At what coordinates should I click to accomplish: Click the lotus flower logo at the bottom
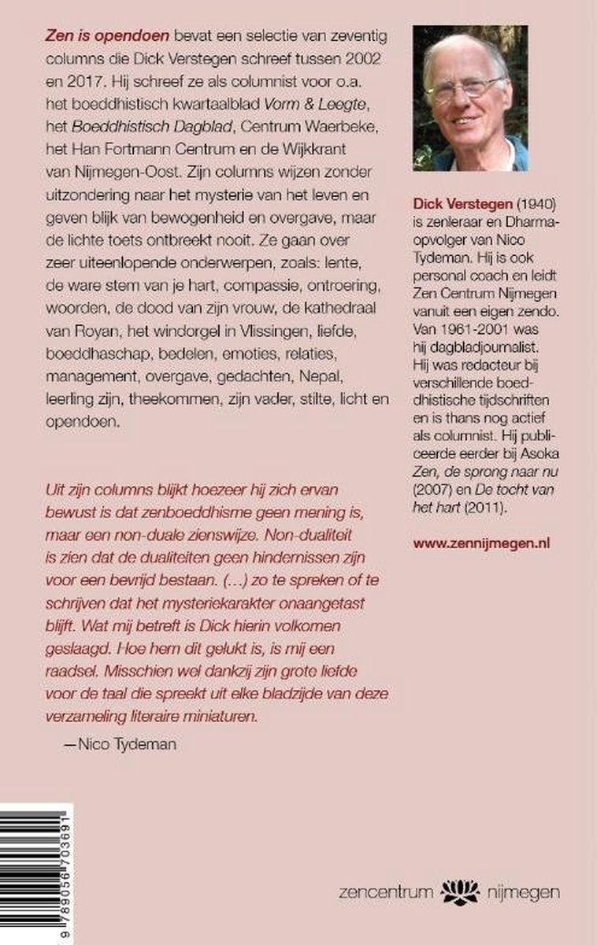point(460,891)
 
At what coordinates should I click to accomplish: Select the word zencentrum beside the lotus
point(385,892)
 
